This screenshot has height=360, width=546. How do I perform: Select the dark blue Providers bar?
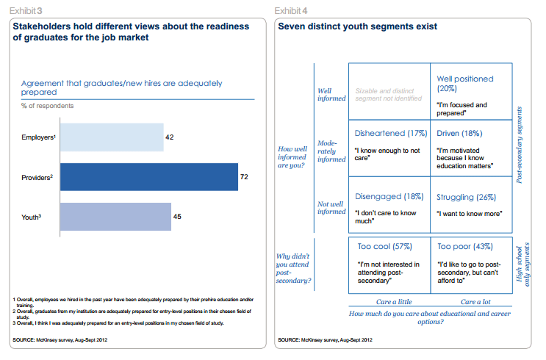pyautogui.click(x=149, y=177)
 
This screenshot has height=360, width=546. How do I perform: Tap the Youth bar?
pyautogui.click(x=116, y=217)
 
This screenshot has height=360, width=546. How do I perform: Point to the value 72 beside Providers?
pyautogui.click(x=245, y=177)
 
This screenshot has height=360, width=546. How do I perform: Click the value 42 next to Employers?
pyautogui.click(x=170, y=137)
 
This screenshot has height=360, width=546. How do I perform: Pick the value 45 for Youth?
pyautogui.click(x=177, y=217)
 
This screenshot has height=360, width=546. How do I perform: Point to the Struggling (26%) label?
pyautogui.click(x=466, y=196)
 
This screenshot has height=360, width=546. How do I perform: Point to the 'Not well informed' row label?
pyautogui.click(x=328, y=207)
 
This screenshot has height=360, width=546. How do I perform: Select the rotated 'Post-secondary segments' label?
pyautogui.click(x=523, y=144)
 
